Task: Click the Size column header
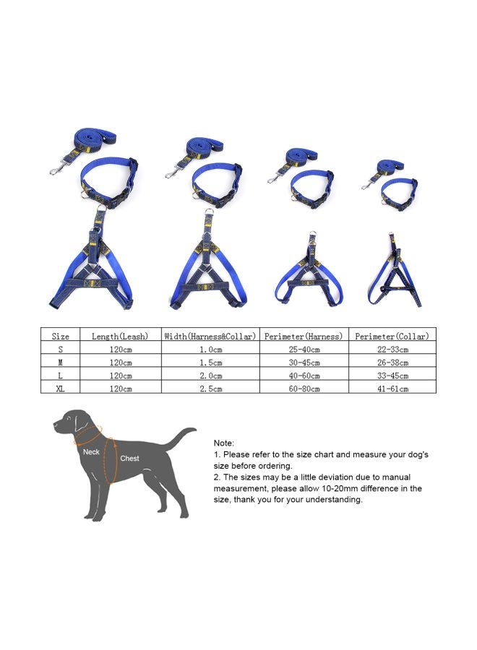click(x=61, y=336)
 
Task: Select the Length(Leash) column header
click(x=120, y=336)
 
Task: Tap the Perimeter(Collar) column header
click(x=392, y=336)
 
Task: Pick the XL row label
click(x=61, y=389)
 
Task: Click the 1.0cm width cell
click(x=210, y=350)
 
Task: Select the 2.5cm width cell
click(x=210, y=389)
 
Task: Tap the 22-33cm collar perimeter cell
click(x=392, y=350)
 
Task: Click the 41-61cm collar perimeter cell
click(x=392, y=389)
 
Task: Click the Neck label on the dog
click(x=91, y=451)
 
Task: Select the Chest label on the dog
click(x=130, y=459)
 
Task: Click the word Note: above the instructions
click(x=224, y=443)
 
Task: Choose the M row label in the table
click(x=61, y=363)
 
